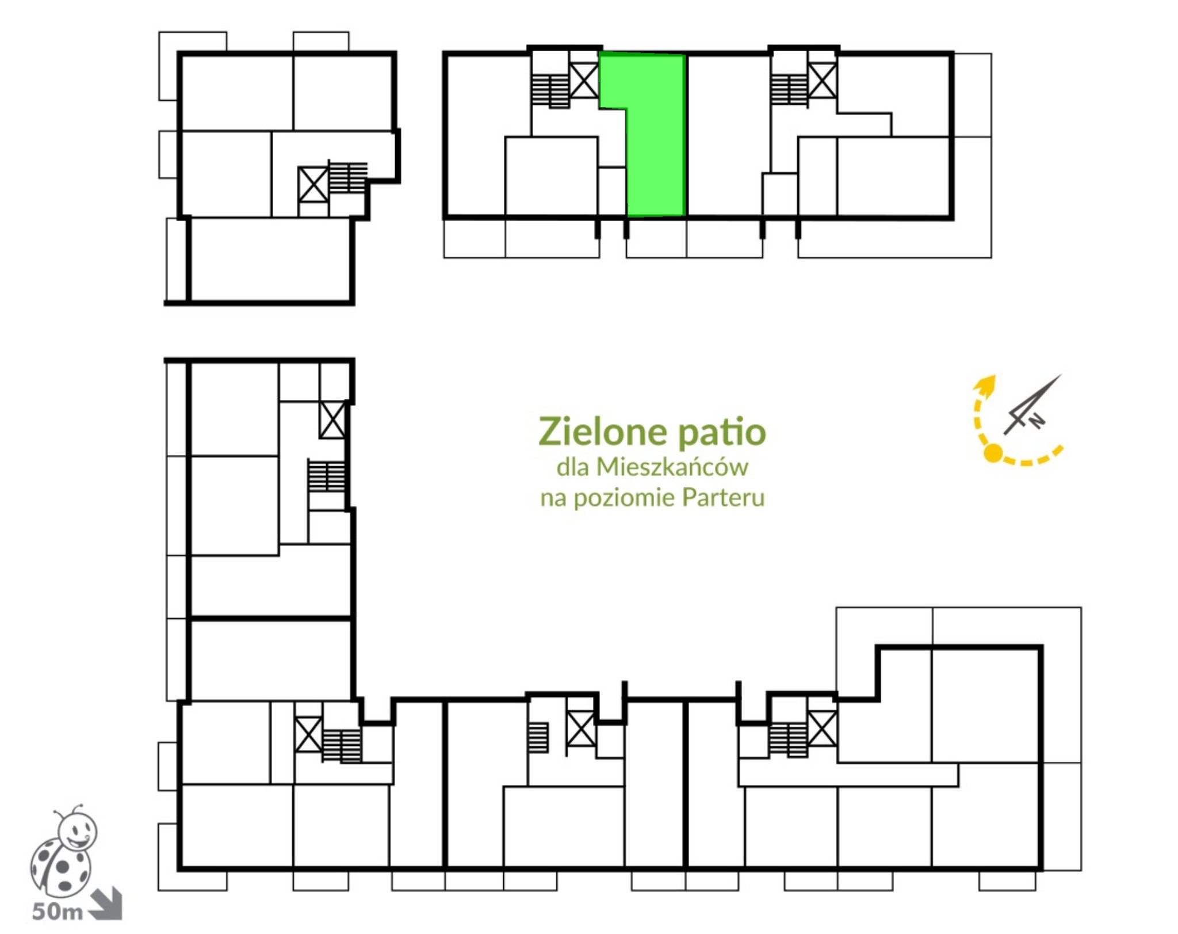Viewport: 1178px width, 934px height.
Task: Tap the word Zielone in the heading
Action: click(601, 432)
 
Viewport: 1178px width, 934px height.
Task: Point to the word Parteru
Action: click(724, 497)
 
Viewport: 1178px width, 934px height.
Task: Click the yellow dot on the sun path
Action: click(993, 453)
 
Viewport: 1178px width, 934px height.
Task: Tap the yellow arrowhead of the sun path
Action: click(986, 385)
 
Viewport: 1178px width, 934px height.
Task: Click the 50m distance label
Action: click(58, 912)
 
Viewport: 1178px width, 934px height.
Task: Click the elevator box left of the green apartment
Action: click(584, 80)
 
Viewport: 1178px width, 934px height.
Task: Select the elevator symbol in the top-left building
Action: click(313, 184)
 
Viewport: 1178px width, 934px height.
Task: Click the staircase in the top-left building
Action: click(347, 177)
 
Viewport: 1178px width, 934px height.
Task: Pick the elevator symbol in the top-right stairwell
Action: click(822, 80)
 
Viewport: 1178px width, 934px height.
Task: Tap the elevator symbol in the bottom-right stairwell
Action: click(822, 729)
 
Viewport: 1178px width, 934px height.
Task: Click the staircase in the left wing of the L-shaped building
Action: click(326, 475)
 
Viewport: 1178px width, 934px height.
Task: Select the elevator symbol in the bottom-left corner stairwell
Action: click(308, 734)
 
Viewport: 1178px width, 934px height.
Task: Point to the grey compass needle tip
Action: click(1061, 375)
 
